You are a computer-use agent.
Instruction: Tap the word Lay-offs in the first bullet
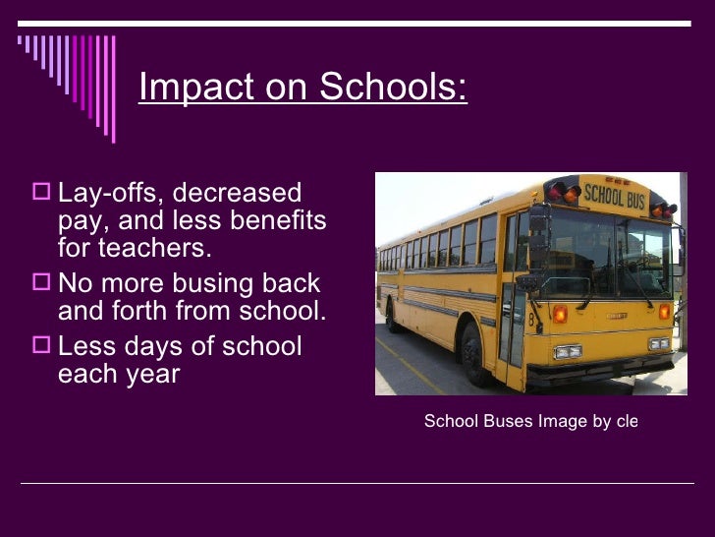tap(111, 194)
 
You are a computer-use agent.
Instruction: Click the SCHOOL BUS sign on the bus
tap(615, 192)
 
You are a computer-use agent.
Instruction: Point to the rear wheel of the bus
tap(392, 316)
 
